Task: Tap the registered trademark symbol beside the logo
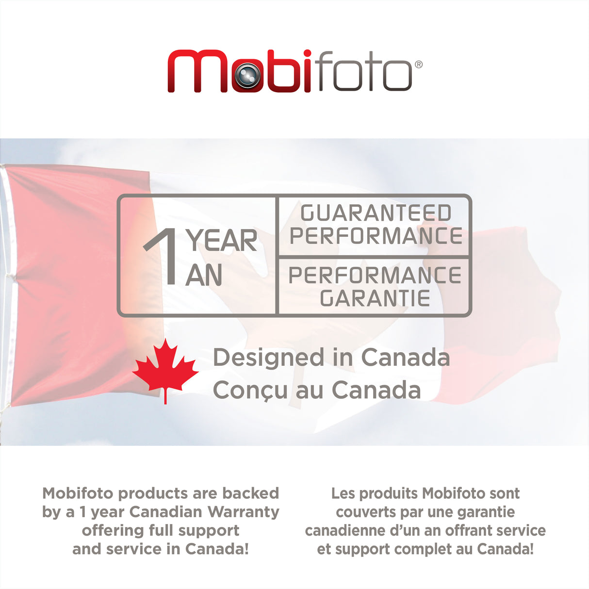pos(418,65)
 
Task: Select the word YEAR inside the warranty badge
pos(222,241)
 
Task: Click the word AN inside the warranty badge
pos(204,276)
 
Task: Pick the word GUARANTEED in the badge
pos(376,213)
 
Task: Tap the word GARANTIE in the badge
pos(375,298)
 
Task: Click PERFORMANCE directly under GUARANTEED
pos(376,236)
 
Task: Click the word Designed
pos(269,358)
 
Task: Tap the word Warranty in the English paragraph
pos(244,512)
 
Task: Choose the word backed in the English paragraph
pos(250,493)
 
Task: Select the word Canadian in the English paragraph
pos(166,512)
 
